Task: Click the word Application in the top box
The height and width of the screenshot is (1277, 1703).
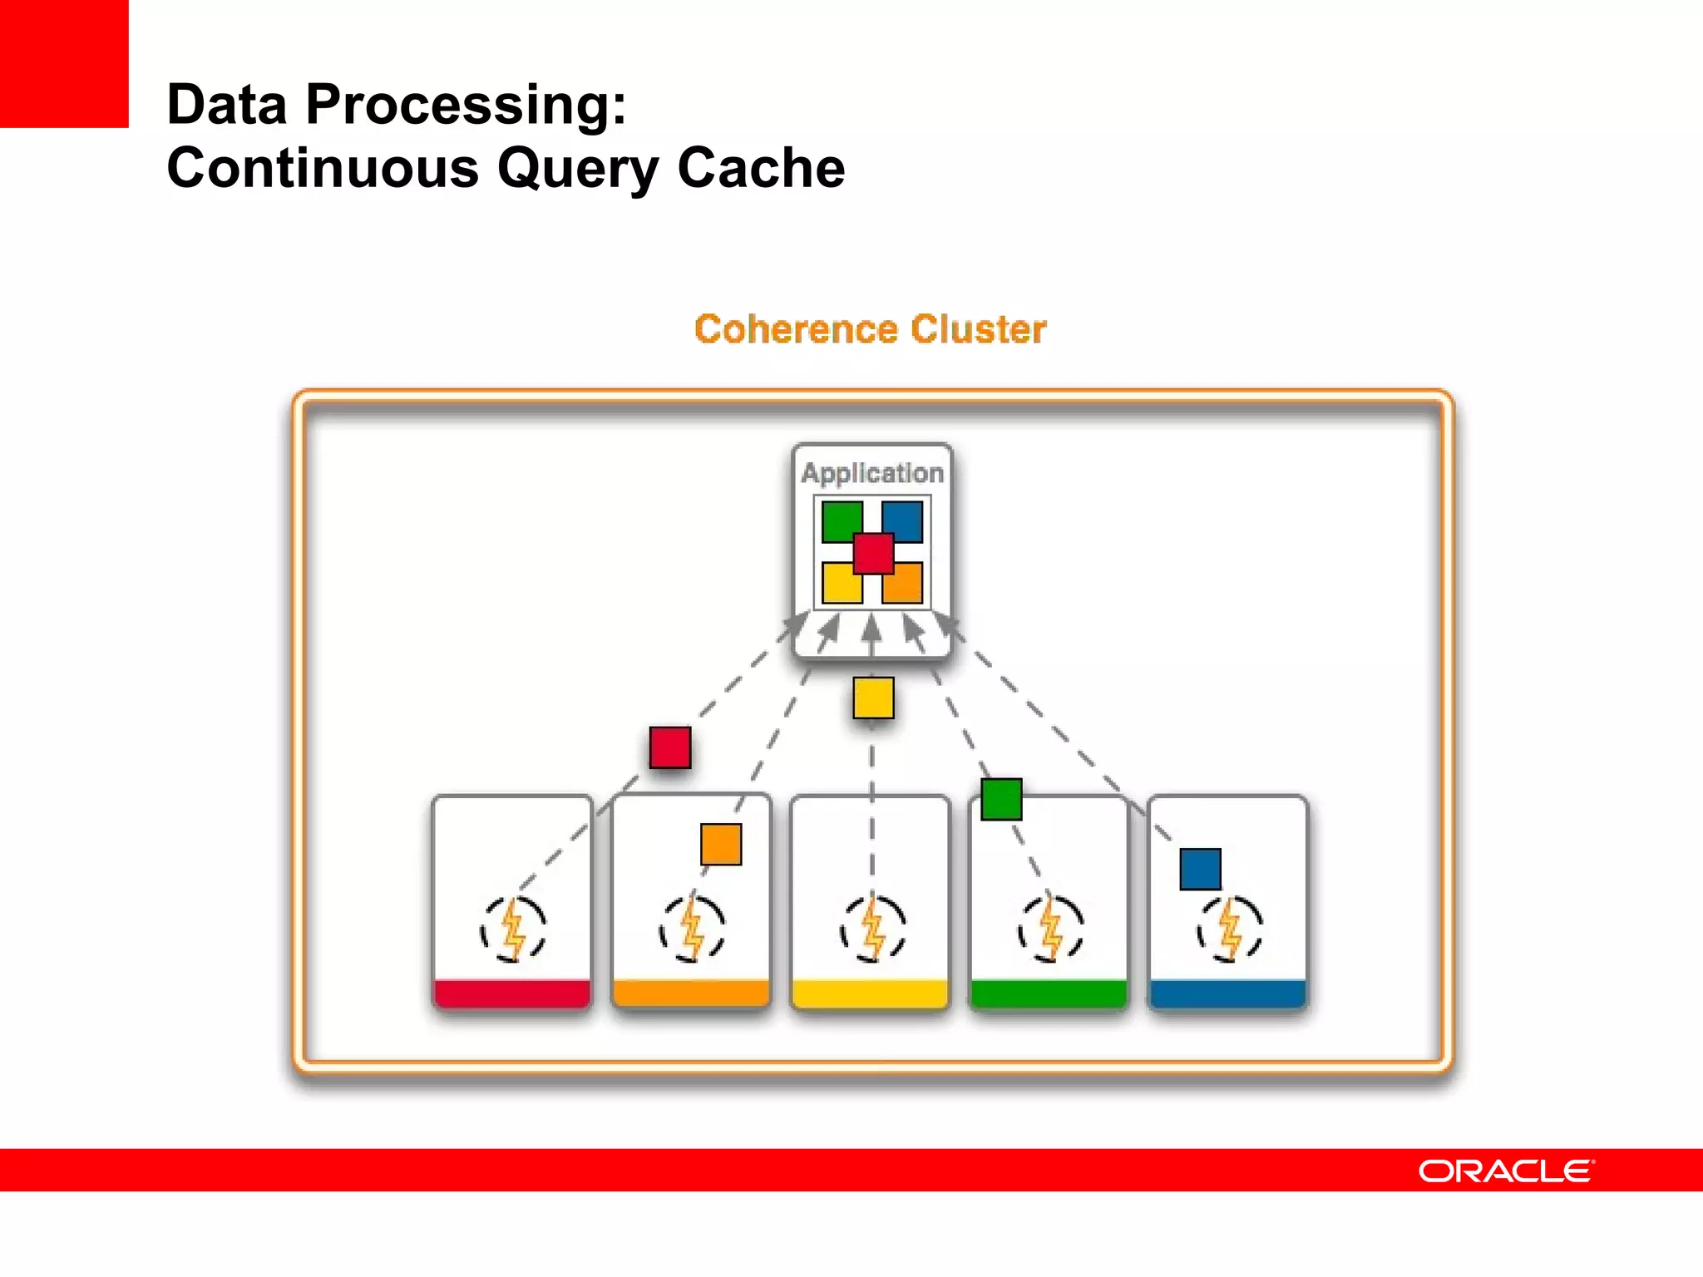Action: click(872, 472)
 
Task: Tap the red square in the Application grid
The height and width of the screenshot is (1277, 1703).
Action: click(872, 554)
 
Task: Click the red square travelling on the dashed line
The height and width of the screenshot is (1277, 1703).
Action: click(670, 747)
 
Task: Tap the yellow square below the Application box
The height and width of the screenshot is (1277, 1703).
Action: click(873, 698)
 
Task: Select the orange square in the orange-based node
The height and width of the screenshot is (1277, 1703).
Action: click(721, 844)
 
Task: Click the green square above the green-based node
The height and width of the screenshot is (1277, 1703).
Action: click(1001, 799)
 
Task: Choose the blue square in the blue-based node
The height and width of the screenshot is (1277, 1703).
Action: click(1200, 869)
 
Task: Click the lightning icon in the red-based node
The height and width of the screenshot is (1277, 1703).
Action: click(513, 929)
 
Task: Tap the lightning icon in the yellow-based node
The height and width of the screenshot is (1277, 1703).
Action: click(872, 929)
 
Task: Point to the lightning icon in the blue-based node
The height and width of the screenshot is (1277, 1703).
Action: click(1230, 929)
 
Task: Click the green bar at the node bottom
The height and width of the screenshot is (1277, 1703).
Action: click(1049, 993)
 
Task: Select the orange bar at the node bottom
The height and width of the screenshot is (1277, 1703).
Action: click(691, 993)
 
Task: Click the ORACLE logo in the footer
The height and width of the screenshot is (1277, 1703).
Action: click(1506, 1171)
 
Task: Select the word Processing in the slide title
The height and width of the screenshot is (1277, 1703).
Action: click(466, 106)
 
